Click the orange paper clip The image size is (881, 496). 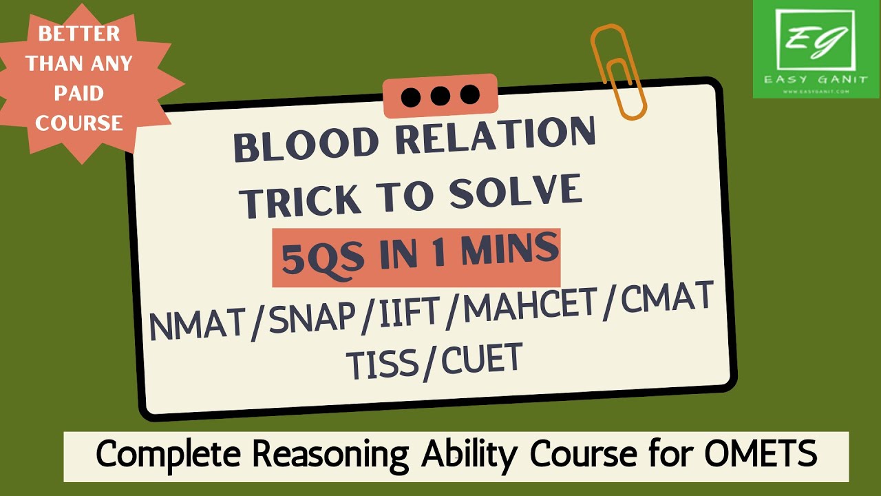point(617,69)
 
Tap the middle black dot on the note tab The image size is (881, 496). point(440,96)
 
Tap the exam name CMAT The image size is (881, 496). point(661,298)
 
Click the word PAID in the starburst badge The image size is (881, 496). point(78,94)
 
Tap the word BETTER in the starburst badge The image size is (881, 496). point(79,34)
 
